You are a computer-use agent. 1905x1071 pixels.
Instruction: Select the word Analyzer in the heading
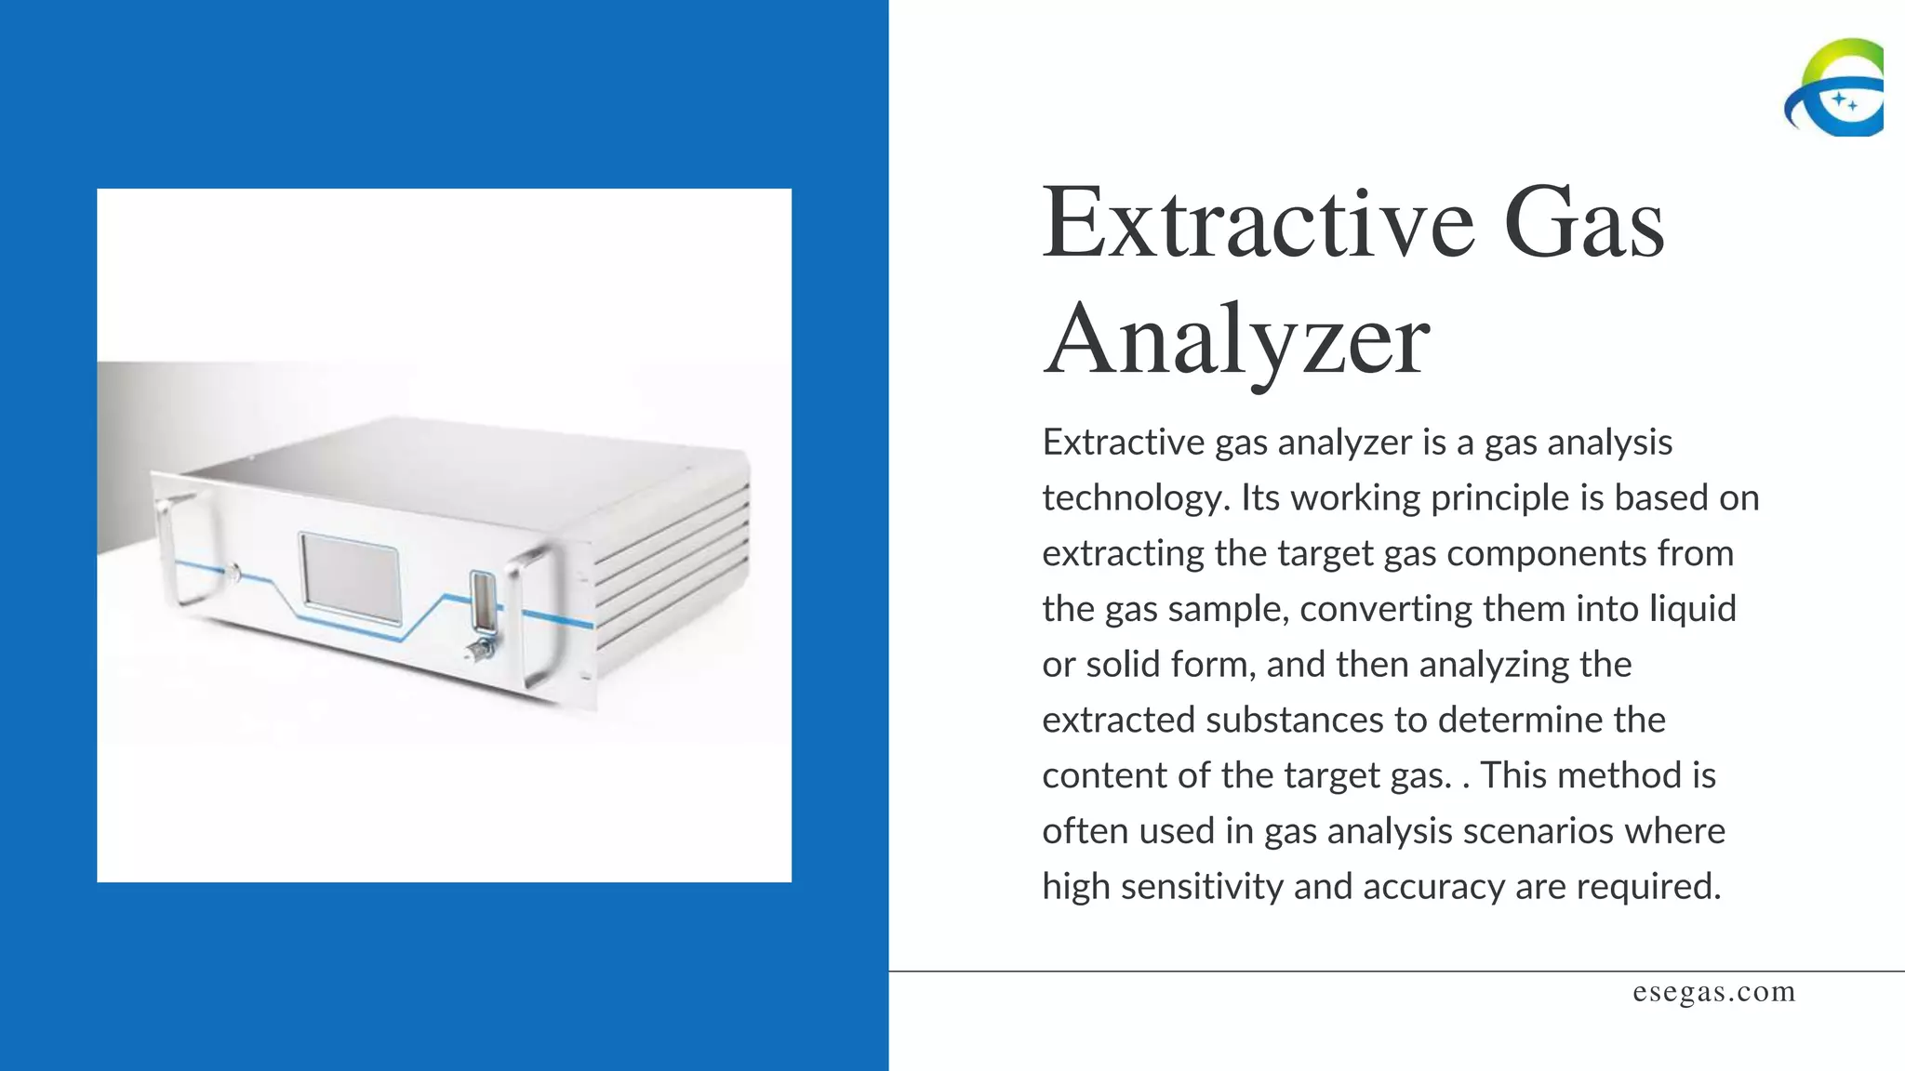pyautogui.click(x=1236, y=340)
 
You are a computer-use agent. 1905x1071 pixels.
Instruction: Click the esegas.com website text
pyautogui.click(x=1713, y=992)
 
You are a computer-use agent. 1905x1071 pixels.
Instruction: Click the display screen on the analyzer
pyautogui.click(x=350, y=577)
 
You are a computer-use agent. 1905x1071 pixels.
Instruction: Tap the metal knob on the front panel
pyautogui.click(x=479, y=649)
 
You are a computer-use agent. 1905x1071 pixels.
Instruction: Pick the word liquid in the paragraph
pyautogui.click(x=1693, y=609)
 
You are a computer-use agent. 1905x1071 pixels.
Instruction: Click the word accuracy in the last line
pyautogui.click(x=1433, y=887)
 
